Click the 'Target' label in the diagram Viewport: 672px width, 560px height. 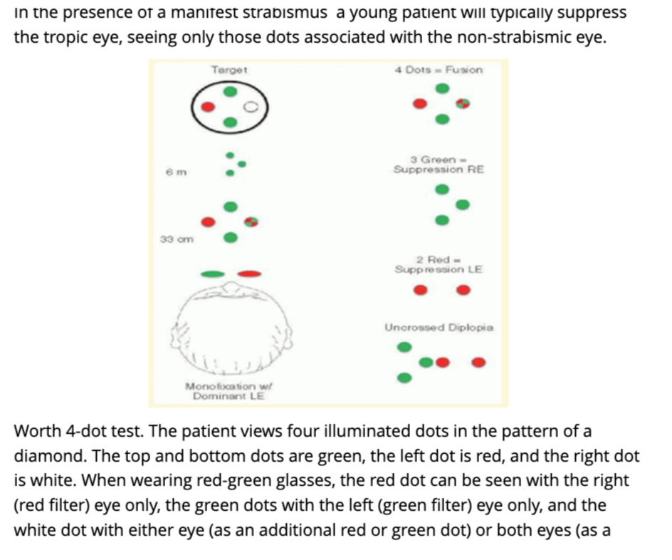[x=229, y=70]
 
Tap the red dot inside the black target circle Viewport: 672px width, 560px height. [x=207, y=107]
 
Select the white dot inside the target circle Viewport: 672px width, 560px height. [x=250, y=108]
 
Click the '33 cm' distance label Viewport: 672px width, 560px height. [x=173, y=239]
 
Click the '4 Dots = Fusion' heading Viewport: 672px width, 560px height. [x=439, y=70]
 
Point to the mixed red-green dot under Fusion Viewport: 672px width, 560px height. [x=463, y=104]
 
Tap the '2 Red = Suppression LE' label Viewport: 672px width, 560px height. [x=439, y=264]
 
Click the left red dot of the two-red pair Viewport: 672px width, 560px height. [x=421, y=290]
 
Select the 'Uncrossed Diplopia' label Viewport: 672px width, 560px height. [x=439, y=328]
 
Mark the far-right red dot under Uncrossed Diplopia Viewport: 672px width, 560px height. [x=479, y=363]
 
